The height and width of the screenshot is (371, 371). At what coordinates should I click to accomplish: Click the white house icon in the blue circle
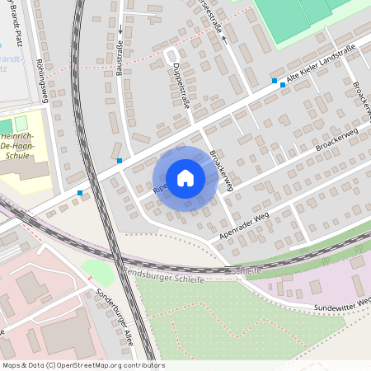coord(185,178)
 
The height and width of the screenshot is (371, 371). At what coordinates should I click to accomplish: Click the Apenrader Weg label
coord(245,228)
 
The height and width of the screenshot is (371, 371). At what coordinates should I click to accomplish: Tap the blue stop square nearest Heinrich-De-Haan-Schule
coord(80,193)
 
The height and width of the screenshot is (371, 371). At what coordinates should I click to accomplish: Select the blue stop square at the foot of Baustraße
coord(120,160)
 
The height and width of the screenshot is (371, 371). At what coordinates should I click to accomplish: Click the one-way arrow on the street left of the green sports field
coord(223,38)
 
